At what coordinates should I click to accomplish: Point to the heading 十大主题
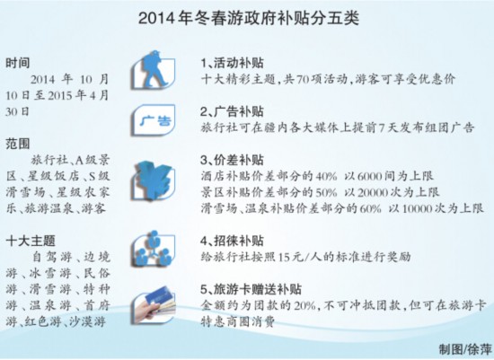(x=30, y=241)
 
